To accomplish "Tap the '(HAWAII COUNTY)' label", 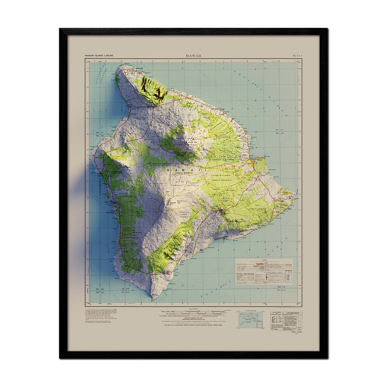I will (182, 174).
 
